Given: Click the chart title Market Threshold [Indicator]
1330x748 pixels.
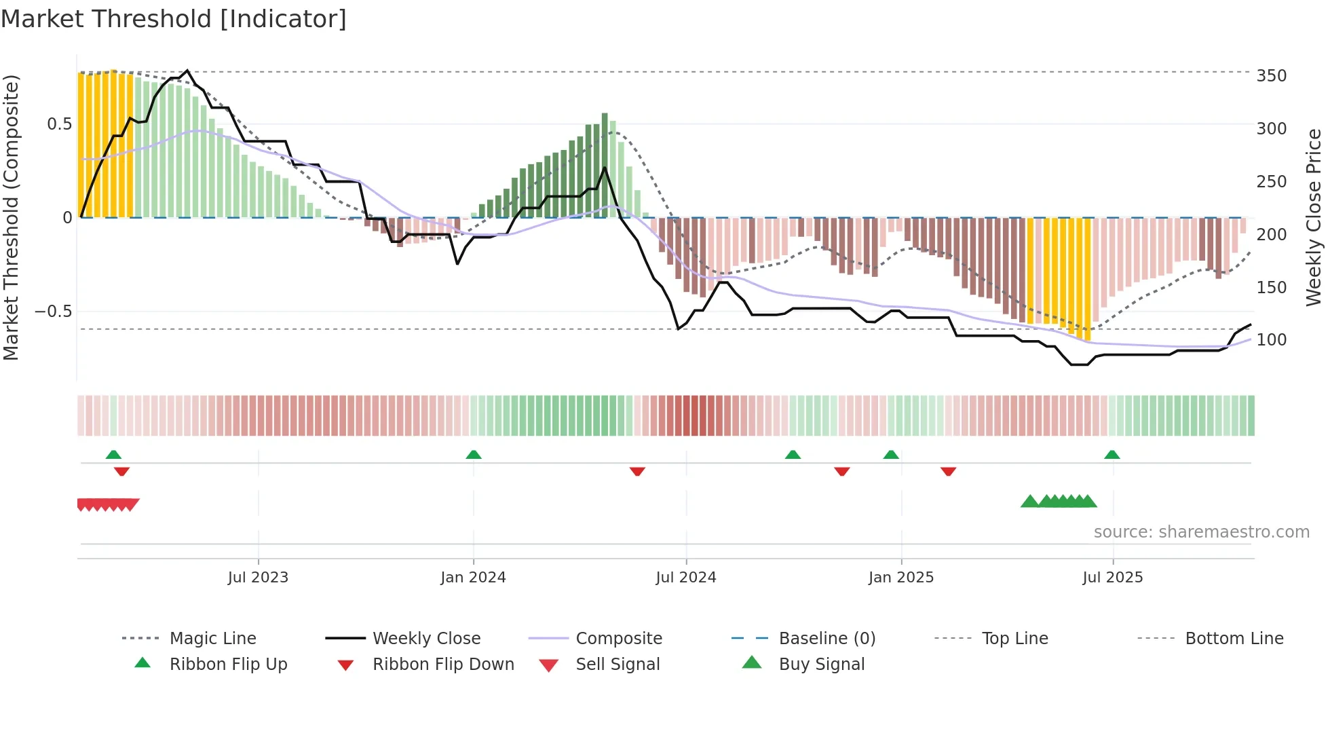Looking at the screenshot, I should [x=174, y=19].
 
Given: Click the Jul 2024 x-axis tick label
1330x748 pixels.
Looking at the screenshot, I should [x=685, y=578].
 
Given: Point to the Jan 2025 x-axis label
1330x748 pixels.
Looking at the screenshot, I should [x=900, y=578].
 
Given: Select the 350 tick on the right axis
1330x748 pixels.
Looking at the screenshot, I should [x=1271, y=76].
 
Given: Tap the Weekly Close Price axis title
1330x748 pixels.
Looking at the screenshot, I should [x=1314, y=217].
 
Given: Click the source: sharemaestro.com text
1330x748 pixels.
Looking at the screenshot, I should [x=1201, y=532].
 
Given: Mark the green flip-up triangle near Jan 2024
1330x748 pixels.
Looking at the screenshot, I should [x=474, y=455].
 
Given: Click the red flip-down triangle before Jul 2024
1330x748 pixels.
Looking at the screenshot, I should [x=637, y=471].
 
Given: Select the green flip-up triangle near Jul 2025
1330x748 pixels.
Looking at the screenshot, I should [x=1111, y=455].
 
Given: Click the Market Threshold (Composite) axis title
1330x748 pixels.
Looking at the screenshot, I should [x=11, y=217].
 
